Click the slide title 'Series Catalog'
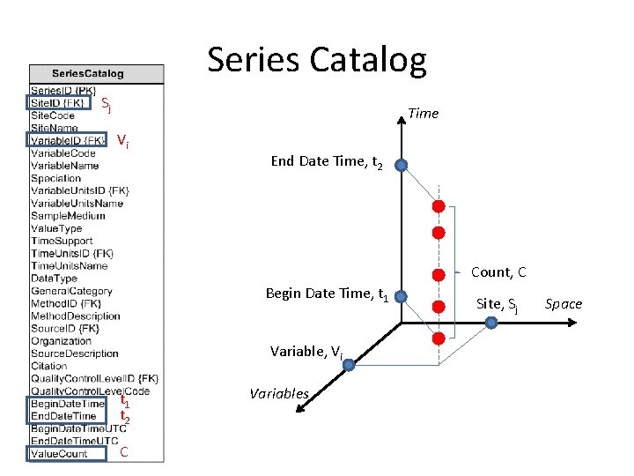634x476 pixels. point(316,60)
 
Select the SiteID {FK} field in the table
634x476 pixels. point(58,103)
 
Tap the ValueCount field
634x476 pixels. point(59,454)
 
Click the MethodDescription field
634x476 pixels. point(76,316)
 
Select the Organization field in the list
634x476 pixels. point(61,341)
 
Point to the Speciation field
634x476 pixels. point(55,178)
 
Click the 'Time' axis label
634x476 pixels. point(423,113)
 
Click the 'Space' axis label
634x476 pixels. point(564,304)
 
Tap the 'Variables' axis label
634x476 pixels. point(279,393)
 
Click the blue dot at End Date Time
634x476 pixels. point(401,165)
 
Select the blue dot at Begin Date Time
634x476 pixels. point(401,297)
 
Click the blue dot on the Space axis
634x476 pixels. point(491,323)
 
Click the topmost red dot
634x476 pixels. point(438,206)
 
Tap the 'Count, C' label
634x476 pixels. point(498,272)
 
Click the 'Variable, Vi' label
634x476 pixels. point(306,352)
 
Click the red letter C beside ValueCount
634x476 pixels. point(124,453)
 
